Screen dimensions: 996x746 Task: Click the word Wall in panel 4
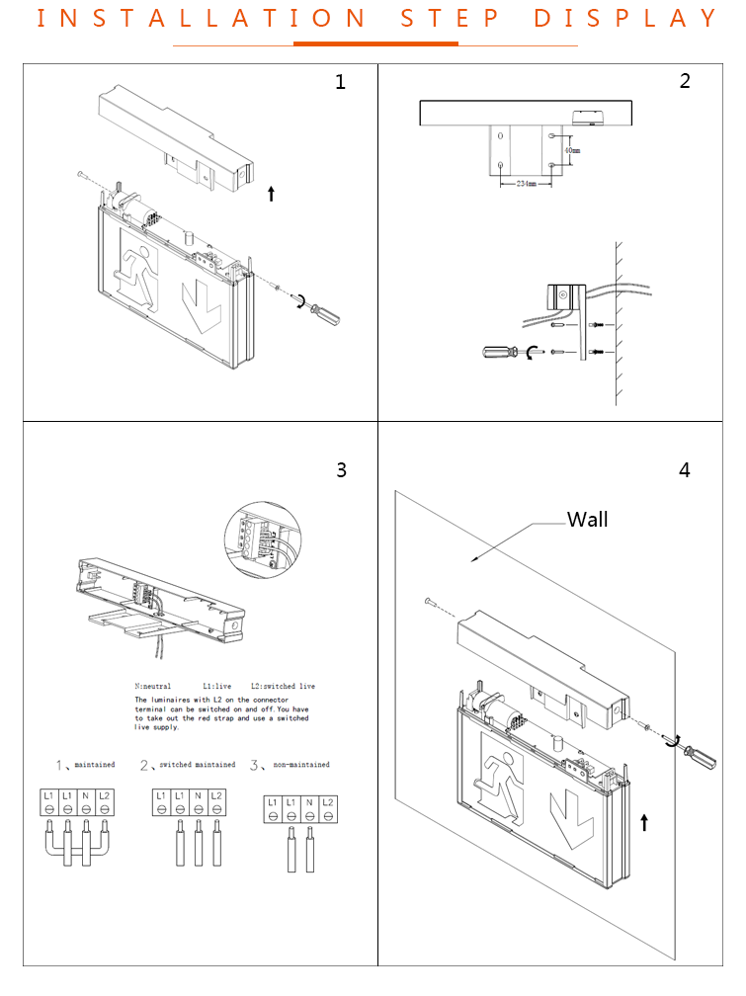pos(587,520)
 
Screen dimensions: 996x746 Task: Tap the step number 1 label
pos(341,82)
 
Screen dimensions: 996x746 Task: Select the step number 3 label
pos(341,470)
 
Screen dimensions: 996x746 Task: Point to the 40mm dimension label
pos(571,150)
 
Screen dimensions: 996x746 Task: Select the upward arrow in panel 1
pos(271,193)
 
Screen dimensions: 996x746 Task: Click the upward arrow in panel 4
pos(643,821)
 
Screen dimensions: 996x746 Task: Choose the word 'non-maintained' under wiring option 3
pos(302,765)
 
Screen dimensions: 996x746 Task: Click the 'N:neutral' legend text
pos(153,686)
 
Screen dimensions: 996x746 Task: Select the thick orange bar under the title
pos(375,43)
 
